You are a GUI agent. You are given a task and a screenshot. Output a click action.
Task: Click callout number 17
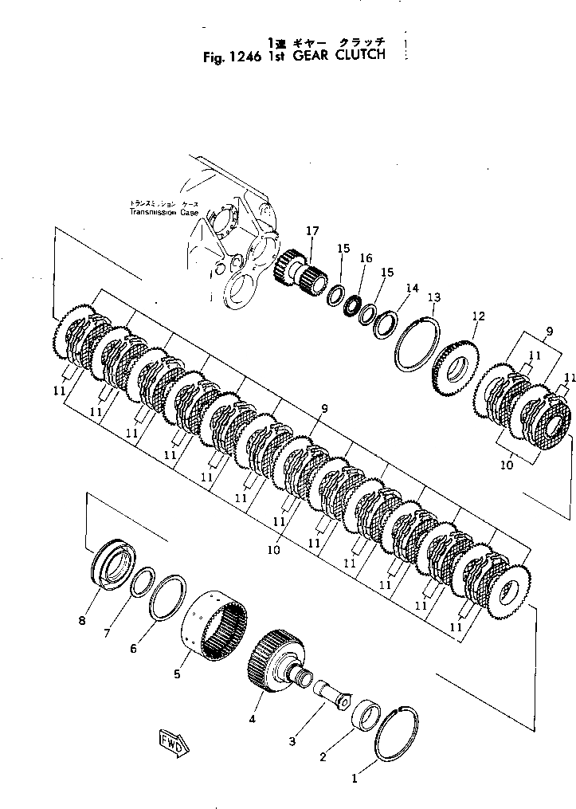[312, 231]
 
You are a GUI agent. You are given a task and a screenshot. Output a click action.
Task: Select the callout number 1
[355, 773]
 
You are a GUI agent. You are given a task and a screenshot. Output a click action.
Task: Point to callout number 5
[177, 674]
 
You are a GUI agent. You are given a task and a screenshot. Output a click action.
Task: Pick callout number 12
[478, 316]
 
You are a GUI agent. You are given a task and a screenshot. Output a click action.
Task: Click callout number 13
[433, 297]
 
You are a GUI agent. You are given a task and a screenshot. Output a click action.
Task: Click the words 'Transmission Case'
[165, 213]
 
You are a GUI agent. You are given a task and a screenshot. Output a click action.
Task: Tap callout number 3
[292, 742]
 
